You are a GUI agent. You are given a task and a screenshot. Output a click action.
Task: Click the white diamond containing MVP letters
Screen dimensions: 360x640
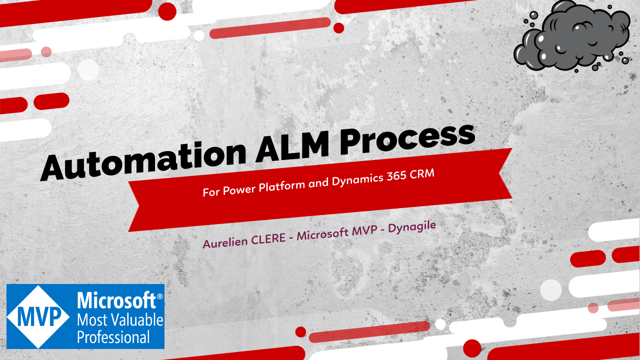coord(37,316)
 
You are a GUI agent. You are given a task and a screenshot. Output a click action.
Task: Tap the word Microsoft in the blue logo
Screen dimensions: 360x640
coord(116,301)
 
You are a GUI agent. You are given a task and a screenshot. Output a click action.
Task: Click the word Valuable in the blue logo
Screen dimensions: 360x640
coord(136,319)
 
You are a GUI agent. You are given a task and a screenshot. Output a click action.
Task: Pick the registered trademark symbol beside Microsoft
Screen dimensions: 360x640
coord(160,296)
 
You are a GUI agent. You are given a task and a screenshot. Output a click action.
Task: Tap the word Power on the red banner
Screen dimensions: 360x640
coord(237,189)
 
